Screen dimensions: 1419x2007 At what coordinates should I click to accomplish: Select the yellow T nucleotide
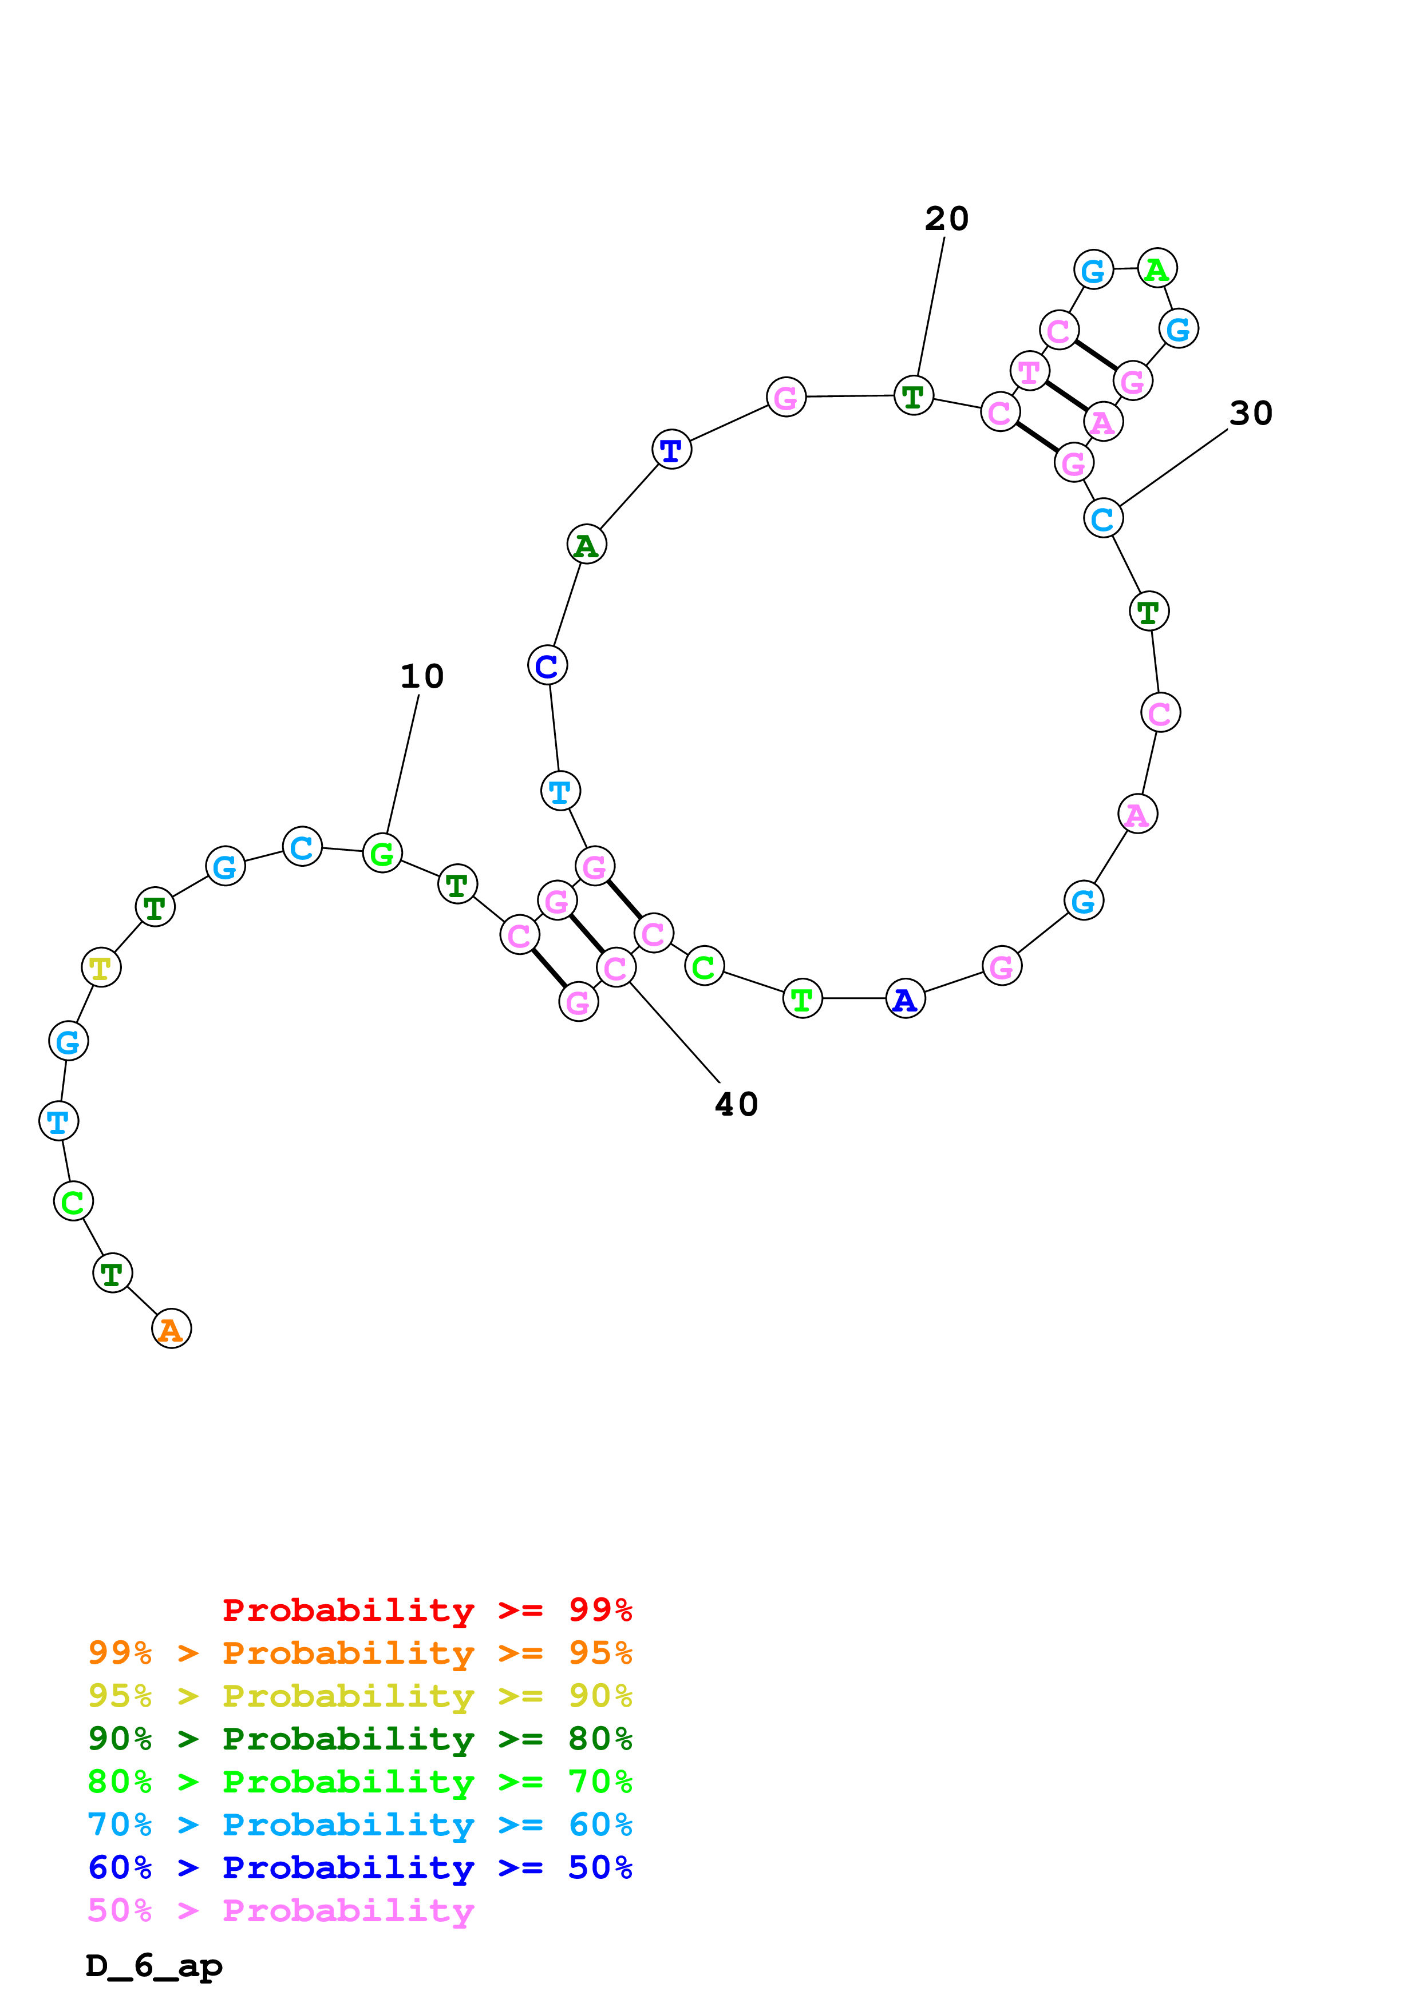(x=101, y=967)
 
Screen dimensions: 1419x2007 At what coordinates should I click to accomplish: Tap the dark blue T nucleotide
(x=671, y=449)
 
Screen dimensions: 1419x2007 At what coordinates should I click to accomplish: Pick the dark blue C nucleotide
(x=547, y=665)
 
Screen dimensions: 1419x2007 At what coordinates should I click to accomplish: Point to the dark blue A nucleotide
(x=905, y=998)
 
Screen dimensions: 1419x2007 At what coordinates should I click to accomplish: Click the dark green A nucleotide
(x=587, y=545)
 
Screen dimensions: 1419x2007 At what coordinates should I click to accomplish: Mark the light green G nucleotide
(x=382, y=853)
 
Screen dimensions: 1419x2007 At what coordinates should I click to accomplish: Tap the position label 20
(x=947, y=219)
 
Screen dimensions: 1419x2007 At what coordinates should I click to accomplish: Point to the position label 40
(x=736, y=1104)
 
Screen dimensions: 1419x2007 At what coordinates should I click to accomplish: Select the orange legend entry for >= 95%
(x=359, y=1653)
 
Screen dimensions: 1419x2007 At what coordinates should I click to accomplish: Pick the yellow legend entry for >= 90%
(x=359, y=1696)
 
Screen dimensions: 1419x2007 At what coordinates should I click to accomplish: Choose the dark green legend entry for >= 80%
(x=359, y=1739)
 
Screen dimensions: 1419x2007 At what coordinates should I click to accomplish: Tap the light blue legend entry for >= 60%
(x=359, y=1824)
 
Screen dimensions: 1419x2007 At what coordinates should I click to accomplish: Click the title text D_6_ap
(x=154, y=1966)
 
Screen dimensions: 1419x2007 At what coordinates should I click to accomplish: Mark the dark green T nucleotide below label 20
(x=914, y=396)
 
